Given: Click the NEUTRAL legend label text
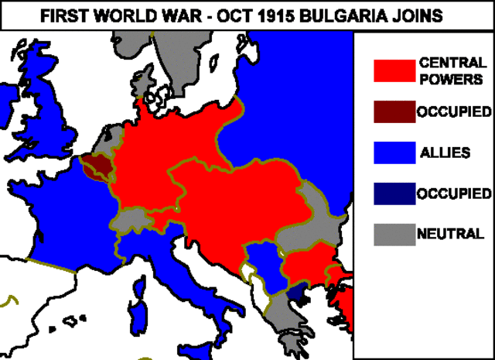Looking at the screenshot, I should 451,233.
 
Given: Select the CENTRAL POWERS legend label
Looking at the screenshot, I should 452,70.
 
